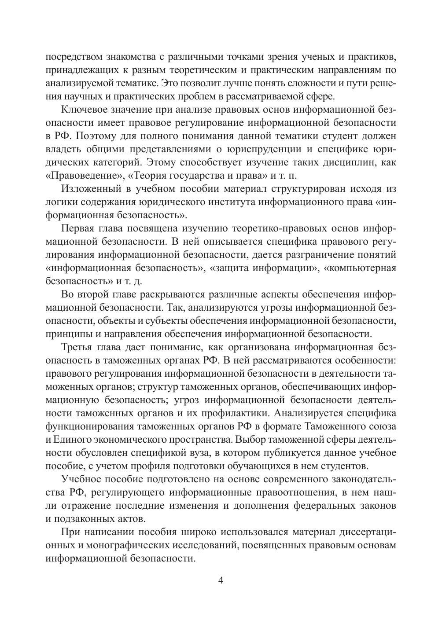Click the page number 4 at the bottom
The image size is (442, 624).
pyautogui.click(x=221, y=580)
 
